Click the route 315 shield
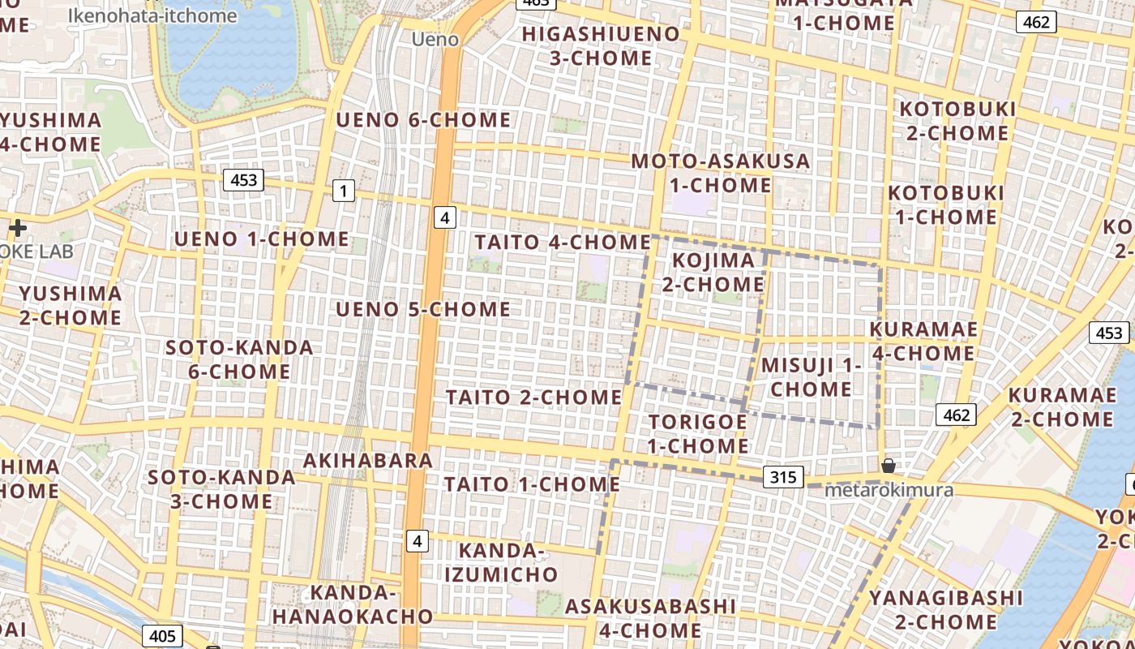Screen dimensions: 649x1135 point(783,476)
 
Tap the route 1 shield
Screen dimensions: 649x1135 point(344,191)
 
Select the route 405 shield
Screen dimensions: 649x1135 point(162,635)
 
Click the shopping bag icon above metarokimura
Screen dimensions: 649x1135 point(889,466)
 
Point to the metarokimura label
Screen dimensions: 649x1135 point(888,490)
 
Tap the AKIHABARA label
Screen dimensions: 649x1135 point(368,461)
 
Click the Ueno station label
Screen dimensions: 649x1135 point(435,39)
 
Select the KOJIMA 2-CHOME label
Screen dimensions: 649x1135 point(713,272)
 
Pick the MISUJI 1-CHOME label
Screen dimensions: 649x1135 point(811,376)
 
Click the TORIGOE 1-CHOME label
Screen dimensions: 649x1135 point(697,434)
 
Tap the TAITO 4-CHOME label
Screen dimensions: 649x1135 point(563,242)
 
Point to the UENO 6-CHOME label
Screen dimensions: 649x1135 point(423,120)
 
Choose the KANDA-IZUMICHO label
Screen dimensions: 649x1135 point(508,562)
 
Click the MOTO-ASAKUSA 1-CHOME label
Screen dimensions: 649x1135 point(720,173)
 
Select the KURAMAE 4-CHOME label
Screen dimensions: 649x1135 point(923,342)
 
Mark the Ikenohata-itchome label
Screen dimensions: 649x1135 point(152,15)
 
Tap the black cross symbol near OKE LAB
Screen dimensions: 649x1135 point(17,228)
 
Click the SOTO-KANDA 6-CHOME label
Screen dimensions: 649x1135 point(239,359)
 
